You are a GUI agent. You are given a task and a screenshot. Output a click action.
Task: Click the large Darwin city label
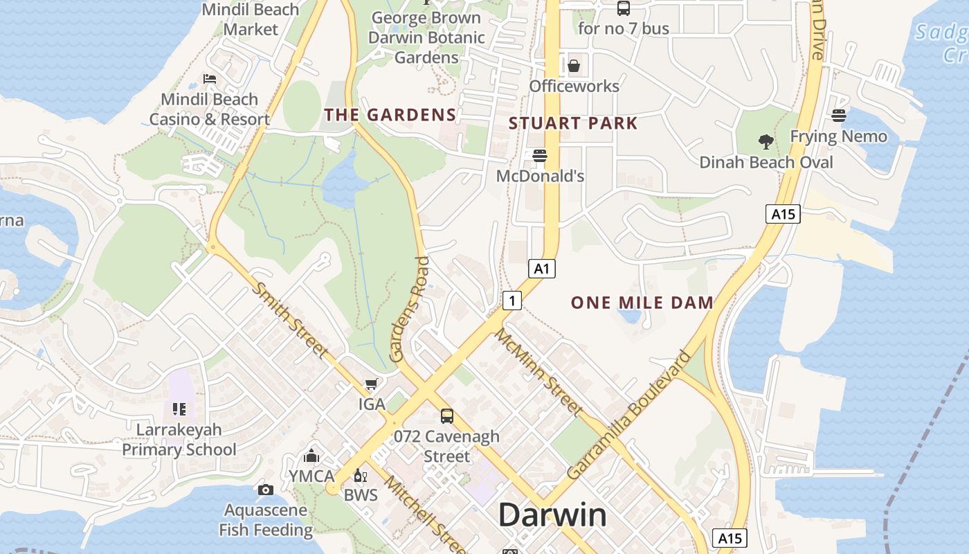point(552,515)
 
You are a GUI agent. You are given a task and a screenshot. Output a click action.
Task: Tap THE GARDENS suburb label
point(390,115)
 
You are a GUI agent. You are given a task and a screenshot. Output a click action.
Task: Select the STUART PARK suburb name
point(573,124)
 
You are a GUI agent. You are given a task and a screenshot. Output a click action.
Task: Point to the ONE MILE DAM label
point(642,303)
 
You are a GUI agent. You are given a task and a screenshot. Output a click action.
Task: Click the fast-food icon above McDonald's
point(540,156)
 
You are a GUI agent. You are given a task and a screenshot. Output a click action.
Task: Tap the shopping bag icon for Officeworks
point(574,66)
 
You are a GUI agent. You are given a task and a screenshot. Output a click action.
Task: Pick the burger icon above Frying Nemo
point(839,116)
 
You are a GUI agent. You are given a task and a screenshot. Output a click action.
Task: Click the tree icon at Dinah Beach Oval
point(766,142)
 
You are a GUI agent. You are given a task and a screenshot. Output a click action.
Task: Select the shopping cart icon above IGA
point(372,384)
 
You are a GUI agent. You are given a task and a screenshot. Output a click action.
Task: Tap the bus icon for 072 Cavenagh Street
point(447,416)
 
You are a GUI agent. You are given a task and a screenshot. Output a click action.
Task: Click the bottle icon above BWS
point(360,475)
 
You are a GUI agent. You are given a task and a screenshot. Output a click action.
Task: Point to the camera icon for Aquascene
point(265,490)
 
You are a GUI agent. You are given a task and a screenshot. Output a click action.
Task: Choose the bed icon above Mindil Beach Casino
point(210,79)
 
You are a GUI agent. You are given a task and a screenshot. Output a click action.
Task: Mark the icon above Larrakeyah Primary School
point(179,409)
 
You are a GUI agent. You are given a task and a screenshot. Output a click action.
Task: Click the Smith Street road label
point(289,319)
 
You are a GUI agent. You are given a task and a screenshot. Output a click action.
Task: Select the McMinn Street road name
point(538,371)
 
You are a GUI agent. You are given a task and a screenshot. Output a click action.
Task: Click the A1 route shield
point(542,269)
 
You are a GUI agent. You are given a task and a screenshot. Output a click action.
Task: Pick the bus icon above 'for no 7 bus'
point(624,8)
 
